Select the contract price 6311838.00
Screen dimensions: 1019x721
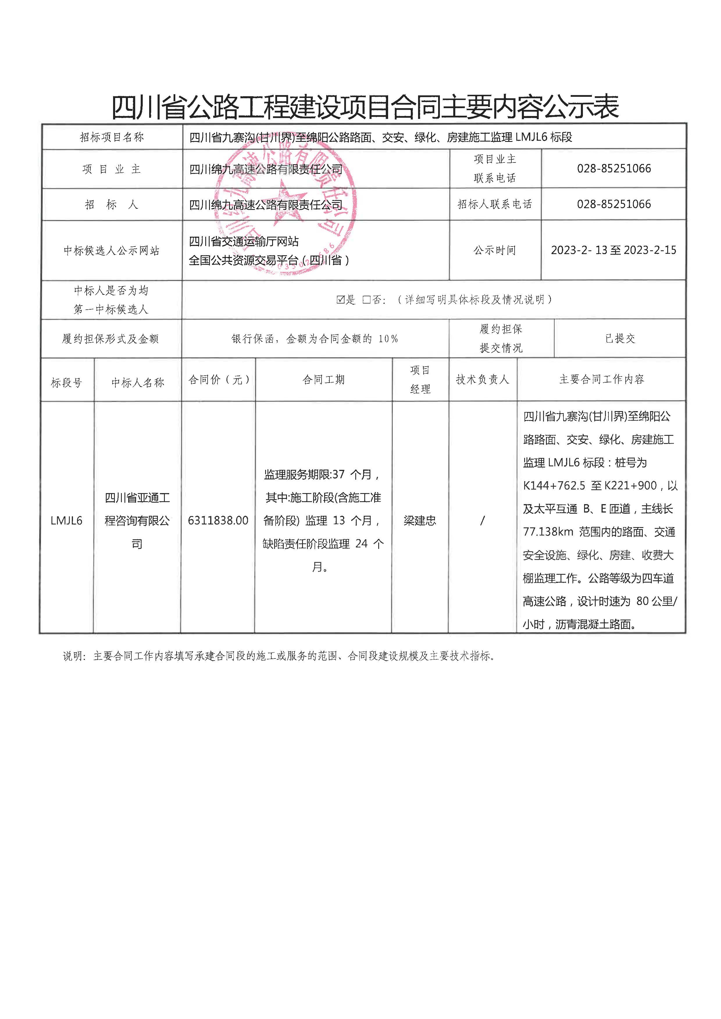click(x=218, y=520)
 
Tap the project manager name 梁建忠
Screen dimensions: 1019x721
click(x=420, y=520)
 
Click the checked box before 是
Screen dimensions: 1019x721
click(x=340, y=300)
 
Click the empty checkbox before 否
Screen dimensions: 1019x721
click(x=366, y=300)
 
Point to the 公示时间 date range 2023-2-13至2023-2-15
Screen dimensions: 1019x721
click(x=613, y=250)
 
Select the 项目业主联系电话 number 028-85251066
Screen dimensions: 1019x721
click(x=613, y=169)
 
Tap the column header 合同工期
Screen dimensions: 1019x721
click(x=323, y=380)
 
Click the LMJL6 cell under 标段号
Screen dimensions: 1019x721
click(x=67, y=520)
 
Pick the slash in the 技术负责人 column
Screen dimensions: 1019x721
click(x=483, y=520)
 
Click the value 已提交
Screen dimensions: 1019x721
click(x=620, y=339)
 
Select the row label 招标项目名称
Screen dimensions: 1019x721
click(x=112, y=138)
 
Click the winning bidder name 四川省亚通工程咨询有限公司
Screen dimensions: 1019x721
click(x=137, y=520)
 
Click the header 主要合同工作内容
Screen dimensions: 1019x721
click(x=601, y=380)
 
